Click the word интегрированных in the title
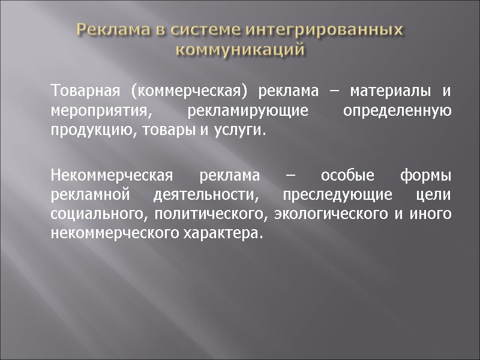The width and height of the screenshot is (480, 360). point(325,29)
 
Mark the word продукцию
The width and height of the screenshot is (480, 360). point(85,130)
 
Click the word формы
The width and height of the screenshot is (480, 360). point(425,176)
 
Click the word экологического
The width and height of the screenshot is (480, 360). point(326,215)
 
